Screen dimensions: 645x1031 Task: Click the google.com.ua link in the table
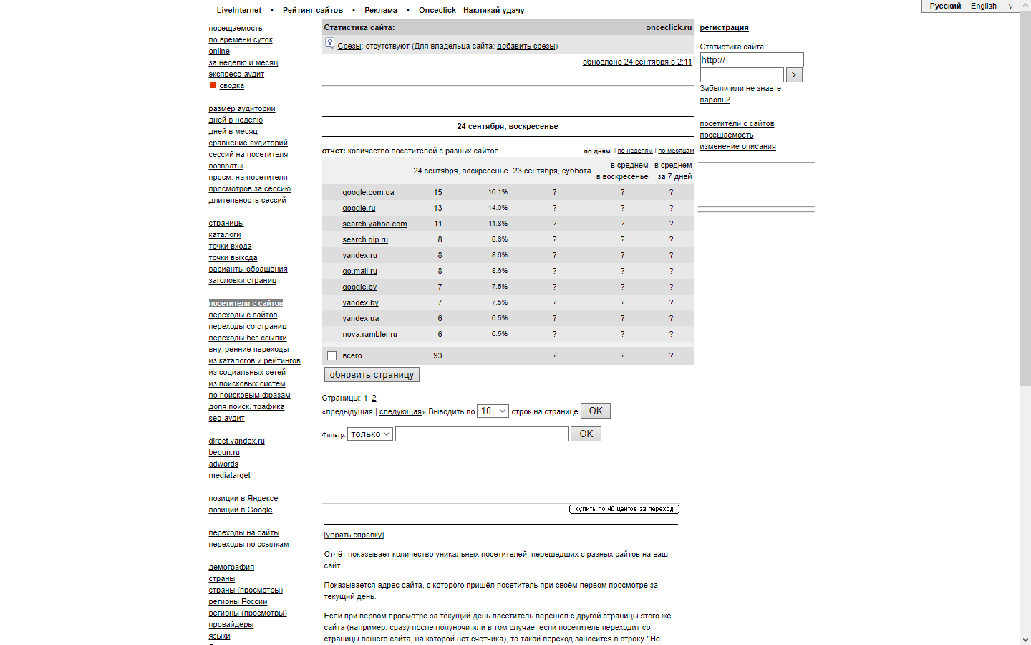368,192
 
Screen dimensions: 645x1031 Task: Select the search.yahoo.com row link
374,224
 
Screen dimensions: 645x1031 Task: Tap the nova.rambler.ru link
369,334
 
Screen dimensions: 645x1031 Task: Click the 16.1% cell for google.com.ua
498,192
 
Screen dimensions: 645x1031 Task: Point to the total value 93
437,355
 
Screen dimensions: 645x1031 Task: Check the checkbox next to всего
331,355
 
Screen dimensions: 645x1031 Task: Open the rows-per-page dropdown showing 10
493,411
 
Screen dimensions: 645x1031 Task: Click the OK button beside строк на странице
595,411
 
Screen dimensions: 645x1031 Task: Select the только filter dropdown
369,434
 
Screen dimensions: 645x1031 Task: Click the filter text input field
482,434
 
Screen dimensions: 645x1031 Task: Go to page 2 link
374,398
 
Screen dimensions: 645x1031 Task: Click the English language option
983,6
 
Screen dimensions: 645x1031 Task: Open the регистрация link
724,27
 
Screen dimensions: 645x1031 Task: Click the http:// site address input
751,60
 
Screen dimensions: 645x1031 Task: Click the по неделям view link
635,151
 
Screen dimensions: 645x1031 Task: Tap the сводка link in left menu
231,85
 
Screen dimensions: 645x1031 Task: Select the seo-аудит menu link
226,418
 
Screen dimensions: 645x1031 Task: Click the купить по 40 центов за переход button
624,509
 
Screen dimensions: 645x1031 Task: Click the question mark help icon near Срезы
329,43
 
